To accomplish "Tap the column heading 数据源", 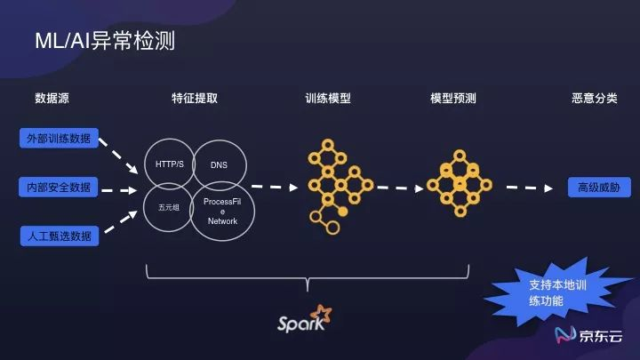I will pyautogui.click(x=52, y=99).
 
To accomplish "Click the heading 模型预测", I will pyautogui.click(x=453, y=99).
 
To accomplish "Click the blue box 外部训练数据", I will pyautogui.click(x=59, y=139).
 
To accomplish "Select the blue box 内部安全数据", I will pyautogui.click(x=59, y=188).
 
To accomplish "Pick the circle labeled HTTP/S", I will pyautogui.click(x=170, y=164).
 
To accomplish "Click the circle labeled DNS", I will pyautogui.click(x=219, y=164).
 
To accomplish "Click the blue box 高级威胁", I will pyautogui.click(x=597, y=188).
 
